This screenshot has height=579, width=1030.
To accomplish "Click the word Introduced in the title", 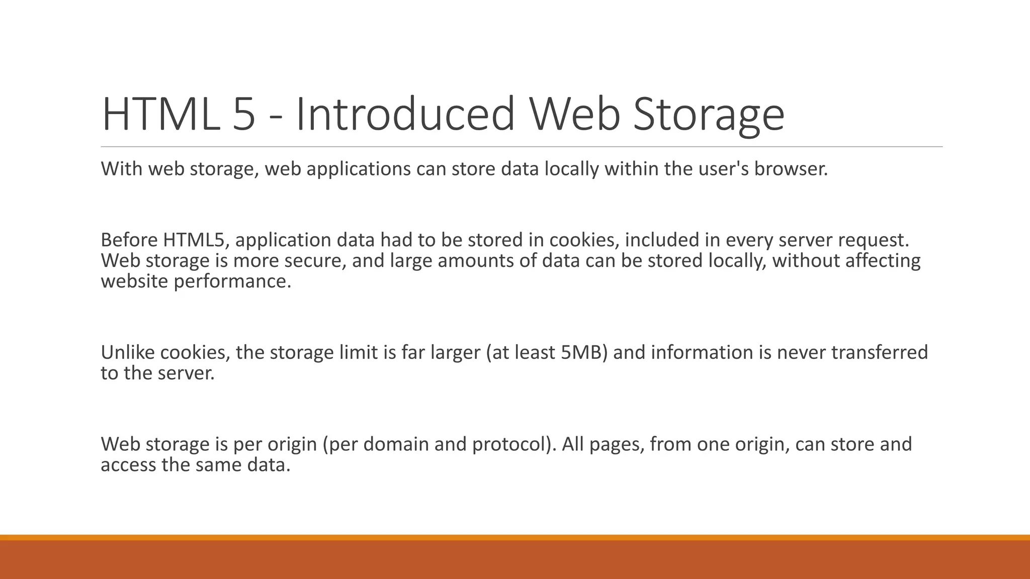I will tap(405, 114).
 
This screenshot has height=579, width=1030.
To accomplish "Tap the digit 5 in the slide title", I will tap(244, 114).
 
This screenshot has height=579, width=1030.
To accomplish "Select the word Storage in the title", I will tap(708, 114).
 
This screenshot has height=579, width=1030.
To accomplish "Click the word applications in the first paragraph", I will tap(359, 169).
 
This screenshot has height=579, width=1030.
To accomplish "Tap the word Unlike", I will tap(128, 352).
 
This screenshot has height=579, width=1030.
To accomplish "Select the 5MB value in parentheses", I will tap(580, 352).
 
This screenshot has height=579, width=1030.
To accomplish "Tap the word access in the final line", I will tap(128, 465).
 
